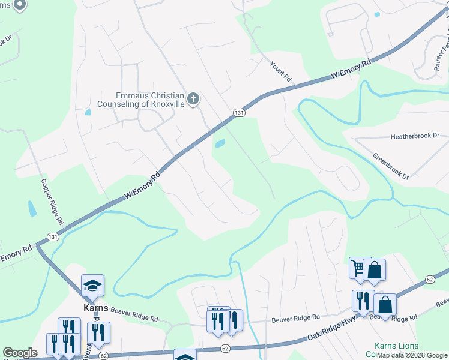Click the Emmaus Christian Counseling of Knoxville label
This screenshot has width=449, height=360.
(150, 100)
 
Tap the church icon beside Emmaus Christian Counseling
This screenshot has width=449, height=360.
(193, 99)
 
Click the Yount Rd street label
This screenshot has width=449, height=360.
(280, 71)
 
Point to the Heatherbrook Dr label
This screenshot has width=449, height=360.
(415, 137)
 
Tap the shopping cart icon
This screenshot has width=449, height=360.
(360, 268)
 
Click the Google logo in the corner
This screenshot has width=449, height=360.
(20, 353)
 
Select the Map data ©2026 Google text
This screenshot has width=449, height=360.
(412, 356)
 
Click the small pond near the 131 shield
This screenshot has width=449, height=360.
(220, 143)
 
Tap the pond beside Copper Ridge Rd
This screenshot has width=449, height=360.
(32, 208)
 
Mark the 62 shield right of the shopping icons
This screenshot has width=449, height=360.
(429, 279)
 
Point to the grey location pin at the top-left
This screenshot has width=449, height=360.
(19, 5)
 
